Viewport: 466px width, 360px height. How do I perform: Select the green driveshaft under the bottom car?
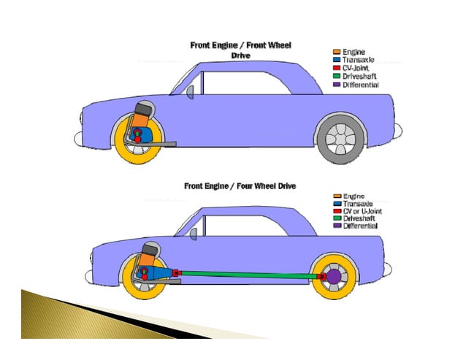(248, 275)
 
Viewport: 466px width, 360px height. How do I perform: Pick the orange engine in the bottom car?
(148, 258)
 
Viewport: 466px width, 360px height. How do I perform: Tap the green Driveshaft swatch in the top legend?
(337, 77)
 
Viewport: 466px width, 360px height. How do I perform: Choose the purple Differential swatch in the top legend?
(337, 85)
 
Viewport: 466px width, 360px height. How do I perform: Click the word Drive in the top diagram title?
(240, 55)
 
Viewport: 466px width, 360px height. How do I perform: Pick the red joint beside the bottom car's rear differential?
(321, 277)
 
